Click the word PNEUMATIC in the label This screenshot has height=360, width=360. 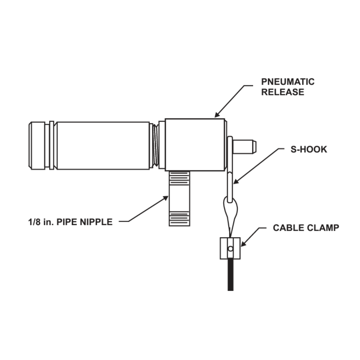(287, 82)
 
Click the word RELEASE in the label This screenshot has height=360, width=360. (283, 92)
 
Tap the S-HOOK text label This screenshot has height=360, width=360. (309, 149)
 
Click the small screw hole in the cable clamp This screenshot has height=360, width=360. (230, 248)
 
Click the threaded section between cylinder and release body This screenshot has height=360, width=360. (155, 145)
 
